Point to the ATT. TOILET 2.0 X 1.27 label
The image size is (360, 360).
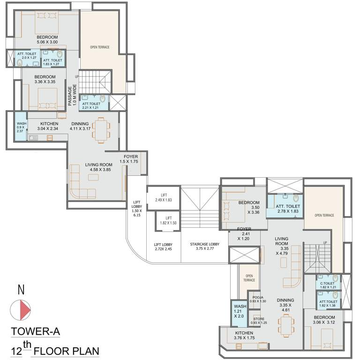point(27,57)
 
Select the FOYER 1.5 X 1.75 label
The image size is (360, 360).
point(130,159)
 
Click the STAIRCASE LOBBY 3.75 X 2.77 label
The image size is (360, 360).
point(202,246)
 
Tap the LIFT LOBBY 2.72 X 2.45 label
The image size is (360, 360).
point(163,247)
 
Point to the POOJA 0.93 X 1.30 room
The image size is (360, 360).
point(258,299)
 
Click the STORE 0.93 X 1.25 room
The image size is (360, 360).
point(258,321)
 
